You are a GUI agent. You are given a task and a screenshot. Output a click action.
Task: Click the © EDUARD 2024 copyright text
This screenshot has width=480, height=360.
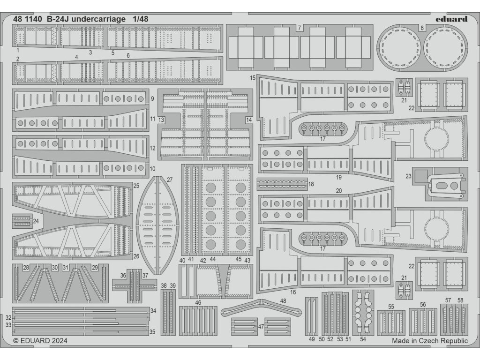[40, 341]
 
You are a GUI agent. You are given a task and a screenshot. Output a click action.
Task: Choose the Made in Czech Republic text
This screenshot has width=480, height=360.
[430, 341]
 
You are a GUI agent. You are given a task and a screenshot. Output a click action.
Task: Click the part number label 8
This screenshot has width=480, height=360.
[422, 28]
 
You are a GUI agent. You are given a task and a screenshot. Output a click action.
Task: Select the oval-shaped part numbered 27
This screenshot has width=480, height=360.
[157, 225]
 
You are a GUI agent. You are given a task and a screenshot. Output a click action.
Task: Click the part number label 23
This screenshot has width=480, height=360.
[408, 177]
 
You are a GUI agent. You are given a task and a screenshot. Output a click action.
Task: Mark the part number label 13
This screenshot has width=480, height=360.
[161, 120]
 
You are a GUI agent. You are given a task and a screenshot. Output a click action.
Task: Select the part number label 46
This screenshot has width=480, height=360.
[198, 303]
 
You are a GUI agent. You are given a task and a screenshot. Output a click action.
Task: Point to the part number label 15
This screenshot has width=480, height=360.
[253, 77]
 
